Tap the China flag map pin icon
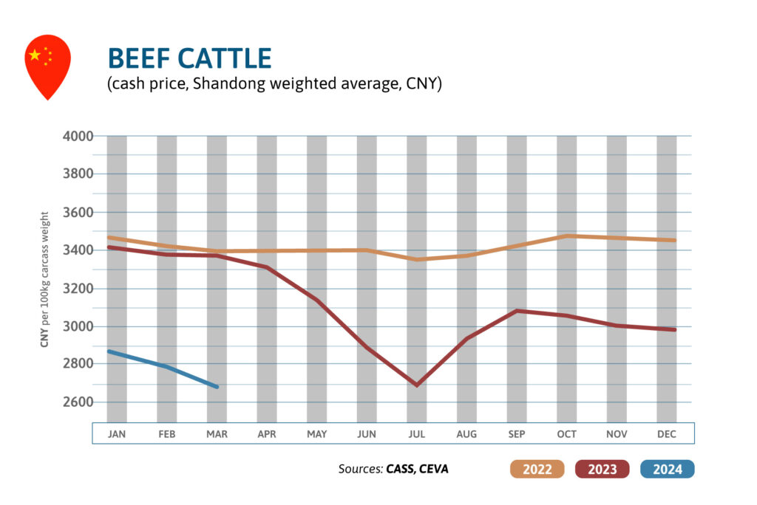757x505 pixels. [x=47, y=62]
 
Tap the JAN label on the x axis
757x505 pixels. [x=117, y=434]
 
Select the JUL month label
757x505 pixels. [x=417, y=434]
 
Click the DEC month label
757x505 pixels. [x=667, y=434]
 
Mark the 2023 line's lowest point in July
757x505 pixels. [x=417, y=385]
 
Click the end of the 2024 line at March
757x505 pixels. [x=217, y=387]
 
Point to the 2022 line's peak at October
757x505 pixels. [x=567, y=236]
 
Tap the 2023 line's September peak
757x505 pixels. [x=517, y=311]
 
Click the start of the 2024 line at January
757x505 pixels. [x=109, y=351]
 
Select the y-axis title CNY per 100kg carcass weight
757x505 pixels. [x=45, y=279]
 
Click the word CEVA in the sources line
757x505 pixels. [x=434, y=469]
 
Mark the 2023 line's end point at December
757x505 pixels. [x=675, y=330]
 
